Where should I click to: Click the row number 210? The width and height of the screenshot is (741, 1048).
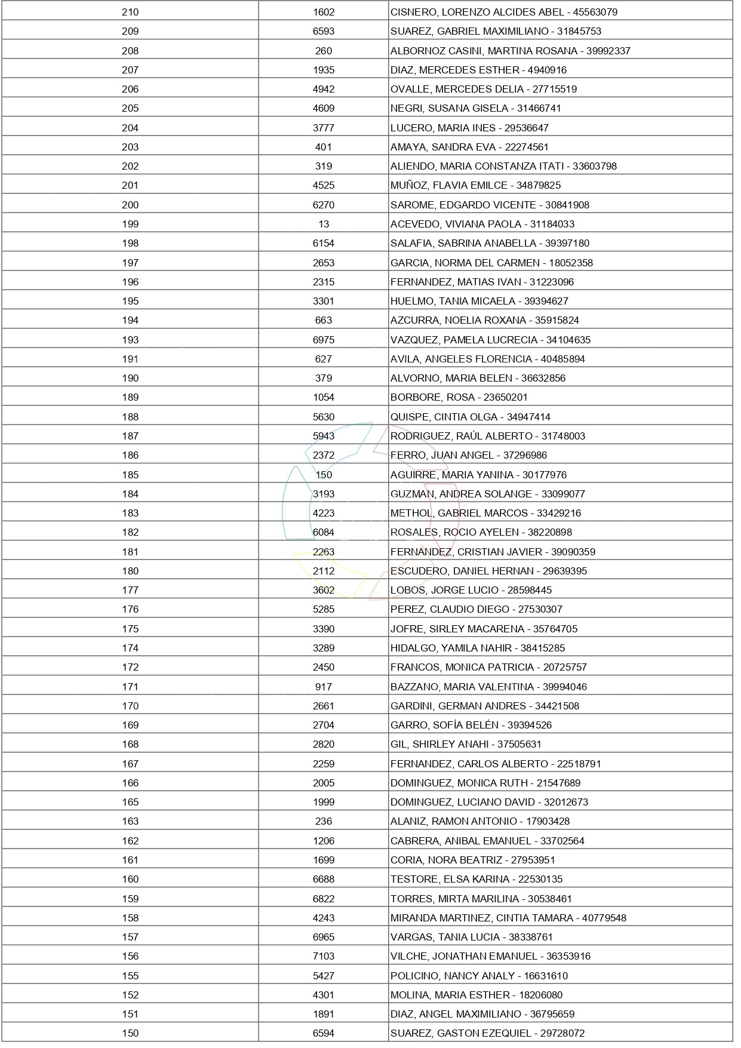tap(130, 12)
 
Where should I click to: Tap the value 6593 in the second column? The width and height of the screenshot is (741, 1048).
tap(324, 31)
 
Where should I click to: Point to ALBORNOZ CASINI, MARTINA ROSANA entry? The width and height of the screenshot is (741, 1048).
tap(484, 51)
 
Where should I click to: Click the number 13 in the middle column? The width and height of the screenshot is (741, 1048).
tap(324, 224)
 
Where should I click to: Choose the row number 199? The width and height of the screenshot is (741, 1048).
tap(130, 224)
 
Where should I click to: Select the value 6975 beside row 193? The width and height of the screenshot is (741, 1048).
tap(324, 340)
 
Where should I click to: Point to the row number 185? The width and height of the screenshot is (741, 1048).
tap(130, 475)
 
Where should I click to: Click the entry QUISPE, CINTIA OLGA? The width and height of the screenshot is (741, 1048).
tap(444, 417)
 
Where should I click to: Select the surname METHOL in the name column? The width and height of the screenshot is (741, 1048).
tap(411, 513)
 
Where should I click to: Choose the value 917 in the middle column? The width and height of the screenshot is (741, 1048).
tap(324, 687)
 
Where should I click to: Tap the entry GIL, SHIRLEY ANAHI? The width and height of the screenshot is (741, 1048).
tap(439, 744)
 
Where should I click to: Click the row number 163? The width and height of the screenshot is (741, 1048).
tap(130, 821)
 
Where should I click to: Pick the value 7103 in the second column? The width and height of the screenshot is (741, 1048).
tap(324, 956)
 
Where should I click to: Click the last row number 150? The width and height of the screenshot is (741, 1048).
tap(130, 1033)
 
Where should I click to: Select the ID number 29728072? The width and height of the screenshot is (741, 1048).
tap(562, 1033)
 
